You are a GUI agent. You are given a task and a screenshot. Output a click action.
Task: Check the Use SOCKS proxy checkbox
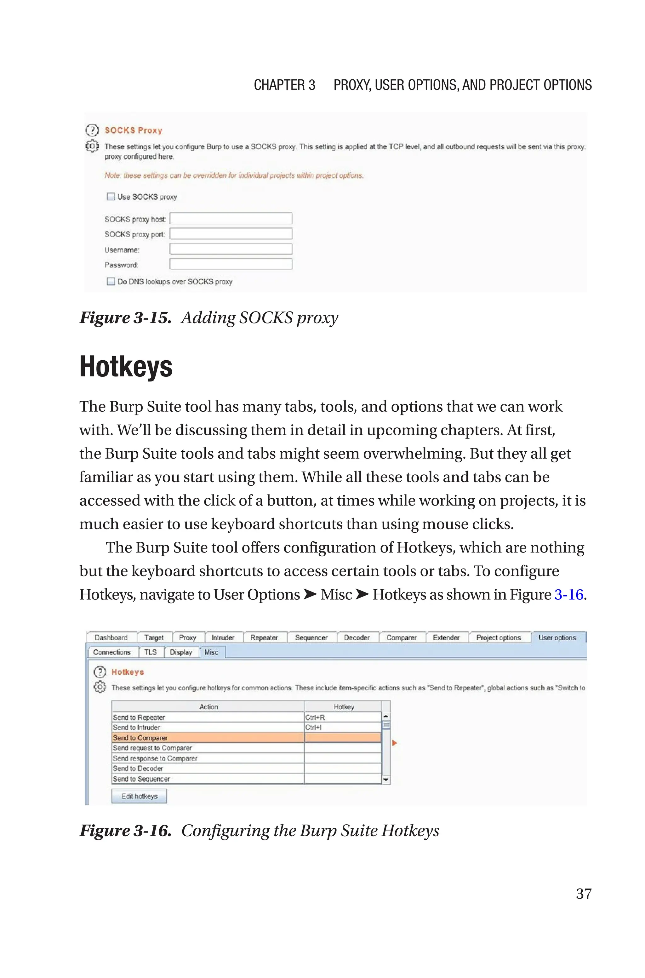tap(111, 197)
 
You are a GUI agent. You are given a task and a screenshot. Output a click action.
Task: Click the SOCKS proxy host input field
tap(231, 218)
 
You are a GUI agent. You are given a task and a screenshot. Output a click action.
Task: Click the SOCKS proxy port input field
tap(231, 234)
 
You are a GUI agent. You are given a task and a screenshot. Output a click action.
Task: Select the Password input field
tap(231, 264)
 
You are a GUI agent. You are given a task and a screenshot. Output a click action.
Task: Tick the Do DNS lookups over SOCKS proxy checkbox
tap(111, 281)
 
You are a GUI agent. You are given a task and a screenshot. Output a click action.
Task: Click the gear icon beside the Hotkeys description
tap(100, 687)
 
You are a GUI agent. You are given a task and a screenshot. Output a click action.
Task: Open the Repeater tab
tap(264, 638)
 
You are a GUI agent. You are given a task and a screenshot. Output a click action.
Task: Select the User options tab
tap(557, 638)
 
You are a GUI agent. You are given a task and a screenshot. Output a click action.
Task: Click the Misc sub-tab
tap(211, 652)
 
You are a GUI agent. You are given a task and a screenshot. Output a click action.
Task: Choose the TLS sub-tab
tap(150, 652)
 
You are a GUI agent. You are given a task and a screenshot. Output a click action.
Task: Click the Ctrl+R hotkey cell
tap(342, 717)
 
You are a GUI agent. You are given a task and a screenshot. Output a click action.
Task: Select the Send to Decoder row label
tap(138, 768)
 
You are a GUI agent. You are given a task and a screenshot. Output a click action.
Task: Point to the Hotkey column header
tap(344, 706)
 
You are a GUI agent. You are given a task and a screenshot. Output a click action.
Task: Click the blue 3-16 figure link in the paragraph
tap(568, 595)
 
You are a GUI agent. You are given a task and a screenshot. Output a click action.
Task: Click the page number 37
tap(583, 893)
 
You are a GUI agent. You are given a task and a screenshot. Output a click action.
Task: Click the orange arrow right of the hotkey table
tap(394, 743)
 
